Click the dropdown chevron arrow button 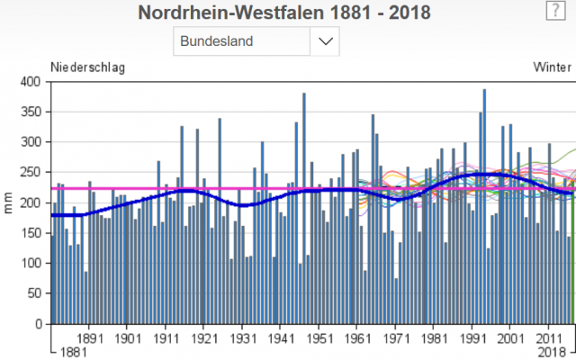(326, 41)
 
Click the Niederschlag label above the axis (87, 67)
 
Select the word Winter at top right (552, 67)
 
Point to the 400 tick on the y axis (31, 82)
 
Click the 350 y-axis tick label (31, 112)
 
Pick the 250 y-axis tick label (31, 173)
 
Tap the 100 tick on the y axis (31, 264)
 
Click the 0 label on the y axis (37, 324)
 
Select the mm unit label (9, 202)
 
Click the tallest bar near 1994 (484, 207)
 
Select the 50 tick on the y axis (33, 293)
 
